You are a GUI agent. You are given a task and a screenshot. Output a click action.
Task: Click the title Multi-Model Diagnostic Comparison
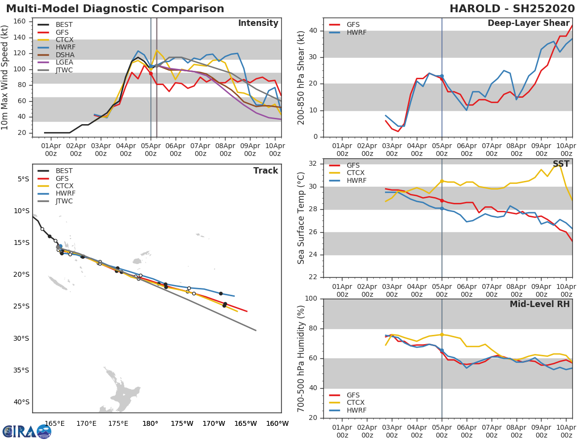pos(115,9)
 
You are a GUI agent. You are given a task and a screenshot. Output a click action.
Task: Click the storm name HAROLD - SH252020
pos(512,9)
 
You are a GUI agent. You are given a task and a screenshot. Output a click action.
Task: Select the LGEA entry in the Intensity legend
pos(65,63)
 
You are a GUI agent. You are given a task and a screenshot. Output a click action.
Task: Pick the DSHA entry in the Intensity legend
pos(65,55)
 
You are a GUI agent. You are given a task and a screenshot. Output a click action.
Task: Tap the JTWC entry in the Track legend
pos(65,201)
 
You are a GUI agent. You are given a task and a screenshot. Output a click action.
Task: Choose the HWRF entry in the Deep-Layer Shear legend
pos(356,32)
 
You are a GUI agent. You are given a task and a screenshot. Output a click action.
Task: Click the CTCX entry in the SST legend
pos(356,173)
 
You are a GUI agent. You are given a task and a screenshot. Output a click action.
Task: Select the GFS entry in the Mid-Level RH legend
pos(353,395)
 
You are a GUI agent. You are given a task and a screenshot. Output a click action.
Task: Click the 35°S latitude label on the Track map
pos(21,370)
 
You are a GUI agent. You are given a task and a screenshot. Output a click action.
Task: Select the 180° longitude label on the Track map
pos(150,423)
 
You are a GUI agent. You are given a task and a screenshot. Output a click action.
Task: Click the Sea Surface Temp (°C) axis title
pos(302,218)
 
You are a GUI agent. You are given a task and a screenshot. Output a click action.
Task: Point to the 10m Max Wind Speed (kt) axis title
pos(5,77)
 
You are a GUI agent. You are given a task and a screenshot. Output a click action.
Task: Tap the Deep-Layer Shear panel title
pos(528,23)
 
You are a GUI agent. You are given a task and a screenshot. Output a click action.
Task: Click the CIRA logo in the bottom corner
pos(26,431)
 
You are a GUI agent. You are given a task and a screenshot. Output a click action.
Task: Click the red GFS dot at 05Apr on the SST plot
pos(442,200)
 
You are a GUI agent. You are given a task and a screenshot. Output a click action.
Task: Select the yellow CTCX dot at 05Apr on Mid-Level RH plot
pos(442,334)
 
